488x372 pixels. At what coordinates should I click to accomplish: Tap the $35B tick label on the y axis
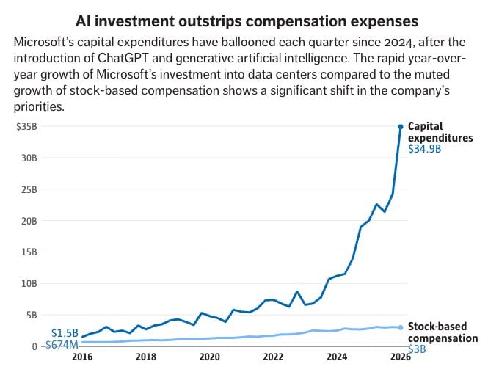pyautogui.click(x=26, y=126)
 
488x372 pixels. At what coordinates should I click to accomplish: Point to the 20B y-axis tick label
pyautogui.click(x=27, y=220)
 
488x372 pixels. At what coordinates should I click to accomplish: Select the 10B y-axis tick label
pyautogui.click(x=27, y=283)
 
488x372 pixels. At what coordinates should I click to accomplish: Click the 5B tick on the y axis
pyautogui.click(x=30, y=315)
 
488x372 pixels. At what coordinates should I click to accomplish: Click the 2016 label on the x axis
pyautogui.click(x=82, y=358)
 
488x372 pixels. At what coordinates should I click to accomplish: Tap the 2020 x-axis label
pyautogui.click(x=209, y=358)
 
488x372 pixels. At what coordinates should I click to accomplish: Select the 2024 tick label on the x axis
pyautogui.click(x=337, y=358)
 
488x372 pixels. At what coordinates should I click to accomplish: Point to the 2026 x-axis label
pyautogui.click(x=401, y=358)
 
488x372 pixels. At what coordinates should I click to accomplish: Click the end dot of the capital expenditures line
pyautogui.click(x=401, y=127)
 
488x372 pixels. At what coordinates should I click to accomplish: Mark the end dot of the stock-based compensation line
pyautogui.click(x=401, y=327)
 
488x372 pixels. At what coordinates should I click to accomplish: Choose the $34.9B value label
pyautogui.click(x=424, y=150)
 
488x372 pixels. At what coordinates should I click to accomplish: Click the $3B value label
pyautogui.click(x=417, y=349)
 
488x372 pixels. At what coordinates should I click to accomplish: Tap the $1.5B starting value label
pyautogui.click(x=64, y=333)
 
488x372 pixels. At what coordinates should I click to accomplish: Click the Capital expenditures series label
pyautogui.click(x=440, y=132)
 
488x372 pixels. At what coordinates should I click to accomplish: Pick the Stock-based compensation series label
pyautogui.click(x=443, y=332)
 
